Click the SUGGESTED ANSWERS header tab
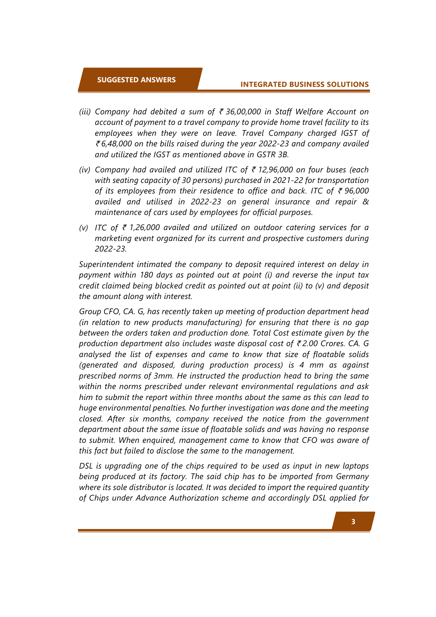[x=136, y=80]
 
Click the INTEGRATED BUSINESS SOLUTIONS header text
[x=304, y=84]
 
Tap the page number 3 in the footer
[x=353, y=522]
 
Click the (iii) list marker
[x=85, y=112]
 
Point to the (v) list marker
[x=84, y=228]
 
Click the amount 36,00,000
[x=243, y=112]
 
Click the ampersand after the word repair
[x=365, y=202]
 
